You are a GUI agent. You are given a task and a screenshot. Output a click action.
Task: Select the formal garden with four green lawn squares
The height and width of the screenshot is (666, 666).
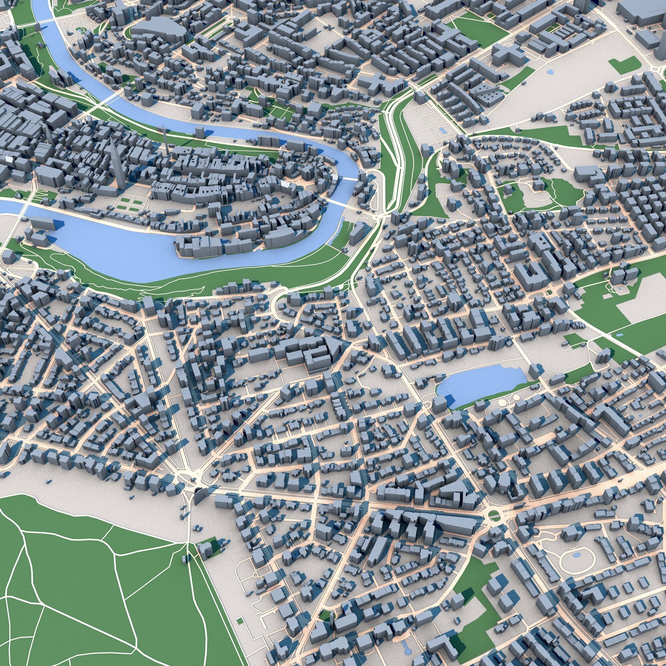click(x=129, y=205)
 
